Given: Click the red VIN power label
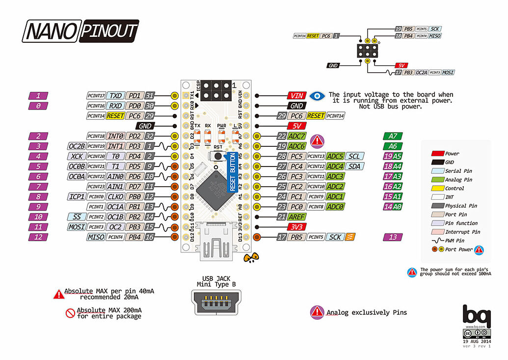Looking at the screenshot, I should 297,96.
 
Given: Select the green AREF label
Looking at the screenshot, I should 296,217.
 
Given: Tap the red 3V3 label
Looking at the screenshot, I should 296,227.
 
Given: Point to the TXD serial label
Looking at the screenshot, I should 116,96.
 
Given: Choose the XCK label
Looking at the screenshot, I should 76,156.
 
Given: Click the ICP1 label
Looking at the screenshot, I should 76,196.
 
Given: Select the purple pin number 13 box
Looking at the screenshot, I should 393,237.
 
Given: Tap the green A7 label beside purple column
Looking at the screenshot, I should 393,136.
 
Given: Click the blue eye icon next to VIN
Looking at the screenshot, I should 320,96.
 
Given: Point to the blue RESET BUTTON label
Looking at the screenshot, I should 233,172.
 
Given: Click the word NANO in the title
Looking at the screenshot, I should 51,31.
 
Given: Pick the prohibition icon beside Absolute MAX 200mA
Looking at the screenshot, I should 70,313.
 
